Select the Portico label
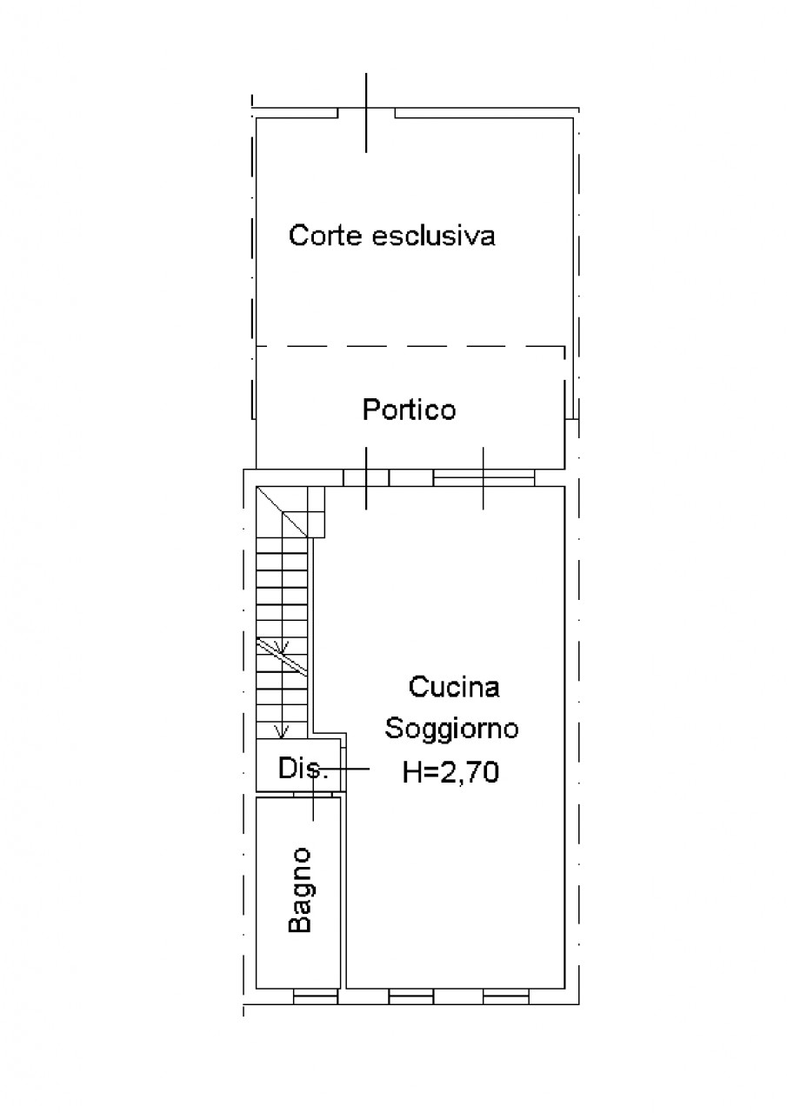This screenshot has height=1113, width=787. pos(409,410)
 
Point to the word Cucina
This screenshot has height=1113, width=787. pos(454,687)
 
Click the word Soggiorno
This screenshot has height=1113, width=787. pos(451,729)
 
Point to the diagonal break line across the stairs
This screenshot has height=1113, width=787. pos(282,656)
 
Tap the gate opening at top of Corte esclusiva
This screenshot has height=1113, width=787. pos(366,113)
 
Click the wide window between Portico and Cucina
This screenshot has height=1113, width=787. pos(484,478)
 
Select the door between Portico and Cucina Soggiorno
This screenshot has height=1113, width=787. pos(366,478)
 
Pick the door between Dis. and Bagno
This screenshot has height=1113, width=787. pos(313,795)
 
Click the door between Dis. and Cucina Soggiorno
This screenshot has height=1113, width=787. pos(343,768)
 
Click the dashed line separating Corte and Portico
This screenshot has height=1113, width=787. pos(410,346)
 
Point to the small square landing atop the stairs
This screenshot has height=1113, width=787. pos(316,512)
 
